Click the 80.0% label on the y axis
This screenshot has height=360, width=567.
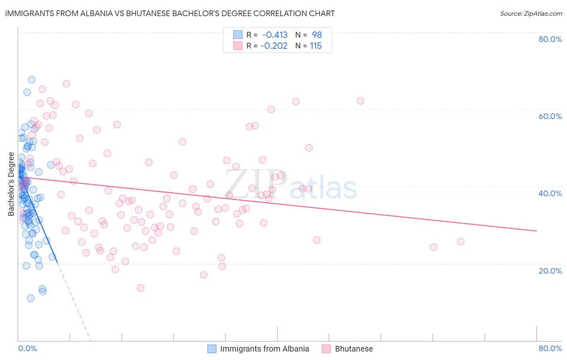(x=550, y=39)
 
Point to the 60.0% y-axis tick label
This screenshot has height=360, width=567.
(x=550, y=116)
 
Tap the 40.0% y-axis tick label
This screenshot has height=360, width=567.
(x=550, y=193)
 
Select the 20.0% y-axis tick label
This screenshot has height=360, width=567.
(x=550, y=271)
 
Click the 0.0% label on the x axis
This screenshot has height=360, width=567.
(x=27, y=348)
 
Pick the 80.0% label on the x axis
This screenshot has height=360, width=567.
(x=550, y=348)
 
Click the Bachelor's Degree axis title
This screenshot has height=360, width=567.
(x=11, y=184)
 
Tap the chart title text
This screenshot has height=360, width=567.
(x=170, y=13)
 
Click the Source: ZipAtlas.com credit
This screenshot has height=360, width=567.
(x=531, y=13)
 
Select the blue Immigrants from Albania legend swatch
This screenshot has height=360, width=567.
(x=212, y=349)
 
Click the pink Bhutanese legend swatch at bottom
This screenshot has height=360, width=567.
(x=327, y=349)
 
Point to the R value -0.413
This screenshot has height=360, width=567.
(x=275, y=35)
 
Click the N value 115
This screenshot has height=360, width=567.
(x=316, y=46)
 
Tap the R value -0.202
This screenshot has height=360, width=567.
(x=275, y=46)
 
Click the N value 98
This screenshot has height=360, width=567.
(x=317, y=35)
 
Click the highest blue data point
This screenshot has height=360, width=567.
(x=31, y=80)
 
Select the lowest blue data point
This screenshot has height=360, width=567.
(x=31, y=298)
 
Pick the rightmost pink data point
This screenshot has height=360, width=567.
(x=461, y=242)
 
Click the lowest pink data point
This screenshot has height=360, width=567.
(x=141, y=288)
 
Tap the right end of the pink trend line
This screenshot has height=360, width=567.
(x=536, y=231)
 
